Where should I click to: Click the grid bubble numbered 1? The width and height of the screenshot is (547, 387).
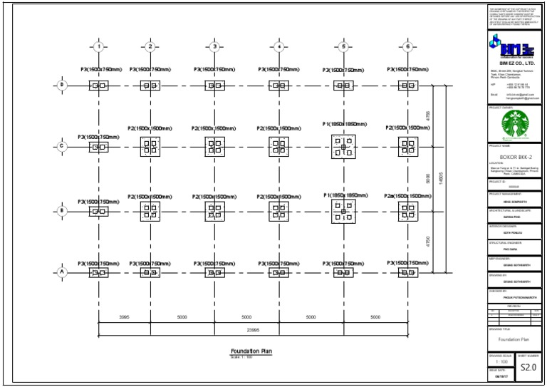tap(98, 47)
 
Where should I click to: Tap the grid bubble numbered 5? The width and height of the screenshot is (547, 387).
tap(343, 47)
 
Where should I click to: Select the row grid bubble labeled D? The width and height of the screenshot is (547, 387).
tap(62, 86)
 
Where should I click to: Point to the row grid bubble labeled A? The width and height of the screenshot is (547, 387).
tap(62, 272)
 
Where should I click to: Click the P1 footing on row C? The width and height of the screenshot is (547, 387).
tap(343, 147)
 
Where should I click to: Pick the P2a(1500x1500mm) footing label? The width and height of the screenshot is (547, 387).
tap(407, 196)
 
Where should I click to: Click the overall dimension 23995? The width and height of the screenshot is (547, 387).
tap(252, 330)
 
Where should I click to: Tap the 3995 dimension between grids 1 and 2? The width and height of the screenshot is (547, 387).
tap(123, 316)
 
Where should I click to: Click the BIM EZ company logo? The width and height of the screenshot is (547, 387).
tap(507, 49)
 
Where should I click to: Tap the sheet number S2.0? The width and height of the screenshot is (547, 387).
tap(528, 368)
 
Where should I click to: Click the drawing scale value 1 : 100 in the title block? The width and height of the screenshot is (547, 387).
tap(501, 362)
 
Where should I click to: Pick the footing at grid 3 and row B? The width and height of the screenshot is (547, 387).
tap(214, 210)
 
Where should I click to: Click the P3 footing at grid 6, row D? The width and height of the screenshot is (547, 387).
tap(408, 86)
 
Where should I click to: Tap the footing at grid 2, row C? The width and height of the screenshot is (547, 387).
tap(150, 147)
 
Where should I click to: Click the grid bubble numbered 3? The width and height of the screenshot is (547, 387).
tap(214, 47)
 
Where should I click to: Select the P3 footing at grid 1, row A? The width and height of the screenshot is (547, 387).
tap(98, 272)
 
